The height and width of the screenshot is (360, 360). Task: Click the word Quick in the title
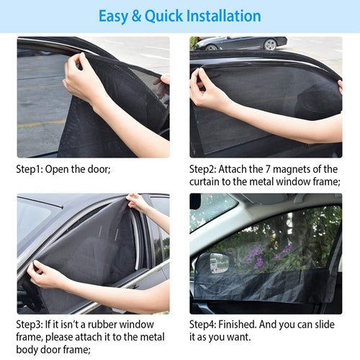163,17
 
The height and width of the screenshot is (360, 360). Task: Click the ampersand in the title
136,16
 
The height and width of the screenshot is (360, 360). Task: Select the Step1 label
30,169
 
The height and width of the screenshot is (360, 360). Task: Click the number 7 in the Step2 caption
268,169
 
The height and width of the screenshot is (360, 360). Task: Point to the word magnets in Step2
292,170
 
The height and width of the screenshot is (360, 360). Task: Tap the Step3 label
30,325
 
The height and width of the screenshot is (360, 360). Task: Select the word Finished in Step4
238,324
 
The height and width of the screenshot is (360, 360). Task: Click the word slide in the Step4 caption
325,324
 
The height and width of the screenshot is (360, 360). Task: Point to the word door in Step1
99,169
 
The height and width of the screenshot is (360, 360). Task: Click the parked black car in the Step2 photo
240,43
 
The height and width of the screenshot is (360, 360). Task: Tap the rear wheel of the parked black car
270,45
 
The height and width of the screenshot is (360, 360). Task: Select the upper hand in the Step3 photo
136,202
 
